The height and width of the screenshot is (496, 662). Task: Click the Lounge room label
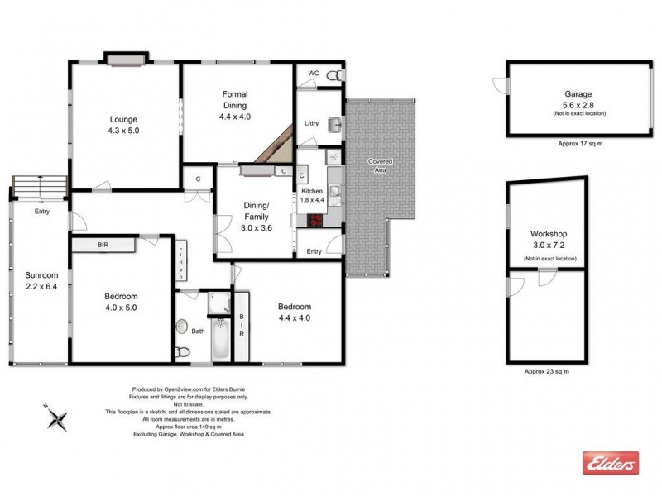click(x=122, y=124)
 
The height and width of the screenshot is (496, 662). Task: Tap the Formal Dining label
click(x=235, y=106)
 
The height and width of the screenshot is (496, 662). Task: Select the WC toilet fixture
click(x=333, y=76)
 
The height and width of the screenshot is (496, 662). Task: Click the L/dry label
click(x=311, y=124)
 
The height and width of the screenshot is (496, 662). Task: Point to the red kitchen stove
click(x=316, y=221)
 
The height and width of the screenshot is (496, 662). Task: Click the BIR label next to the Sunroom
click(x=103, y=246)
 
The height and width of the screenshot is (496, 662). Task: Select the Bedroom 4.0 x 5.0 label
click(x=121, y=302)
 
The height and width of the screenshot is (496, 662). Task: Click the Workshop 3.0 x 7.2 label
click(x=547, y=240)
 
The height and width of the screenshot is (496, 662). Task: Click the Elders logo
click(x=611, y=463)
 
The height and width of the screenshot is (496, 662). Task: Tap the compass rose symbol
click(x=57, y=417)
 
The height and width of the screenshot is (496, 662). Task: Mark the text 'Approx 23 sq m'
click(x=547, y=372)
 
